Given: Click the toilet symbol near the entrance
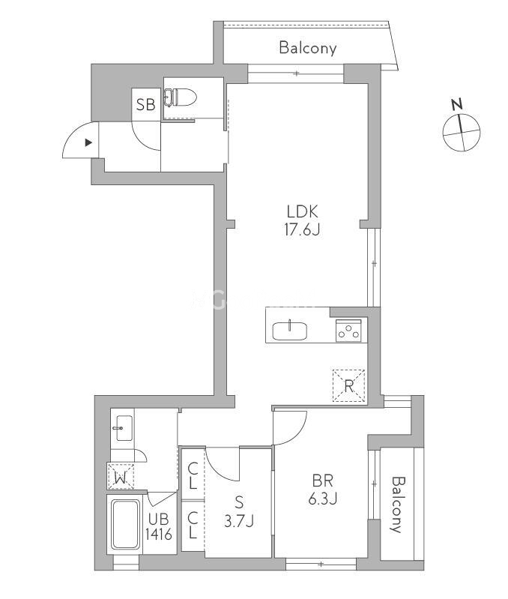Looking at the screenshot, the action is click(180, 97).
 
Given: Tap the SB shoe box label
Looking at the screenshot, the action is click(146, 104).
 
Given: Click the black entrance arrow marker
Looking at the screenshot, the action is click(88, 143).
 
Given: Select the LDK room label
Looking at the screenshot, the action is click(302, 211).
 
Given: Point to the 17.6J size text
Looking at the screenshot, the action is click(302, 229).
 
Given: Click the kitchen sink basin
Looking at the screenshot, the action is click(289, 331).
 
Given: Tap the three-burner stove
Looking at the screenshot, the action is click(348, 331).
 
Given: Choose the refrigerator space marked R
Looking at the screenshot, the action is click(349, 386).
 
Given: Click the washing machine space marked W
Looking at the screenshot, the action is click(121, 476).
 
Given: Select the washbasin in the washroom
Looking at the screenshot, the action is click(123, 428).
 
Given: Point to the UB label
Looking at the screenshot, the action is click(158, 520).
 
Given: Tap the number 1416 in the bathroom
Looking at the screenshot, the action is click(159, 535).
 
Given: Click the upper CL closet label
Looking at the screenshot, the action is click(193, 475).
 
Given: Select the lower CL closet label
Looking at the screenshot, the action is click(193, 526).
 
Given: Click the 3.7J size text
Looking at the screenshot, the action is click(239, 521).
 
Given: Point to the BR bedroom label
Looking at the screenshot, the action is click(323, 481).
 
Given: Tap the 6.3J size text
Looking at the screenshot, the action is click(323, 499).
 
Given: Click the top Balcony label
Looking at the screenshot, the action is click(308, 48).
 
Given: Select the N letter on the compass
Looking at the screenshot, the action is click(457, 104).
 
